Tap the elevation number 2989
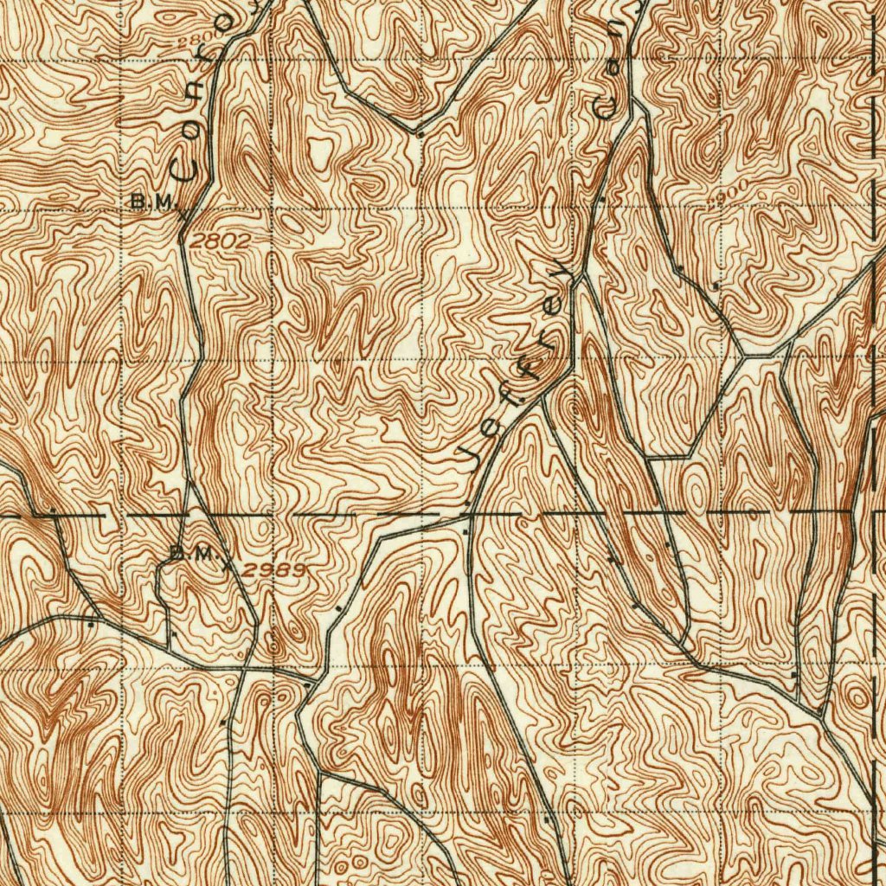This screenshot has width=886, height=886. coord(273,569)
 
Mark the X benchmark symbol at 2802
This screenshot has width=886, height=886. coord(181,213)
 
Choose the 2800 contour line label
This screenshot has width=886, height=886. coord(196,41)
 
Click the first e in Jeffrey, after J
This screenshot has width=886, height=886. coord(490,427)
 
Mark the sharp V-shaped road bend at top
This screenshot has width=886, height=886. coord(418,132)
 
